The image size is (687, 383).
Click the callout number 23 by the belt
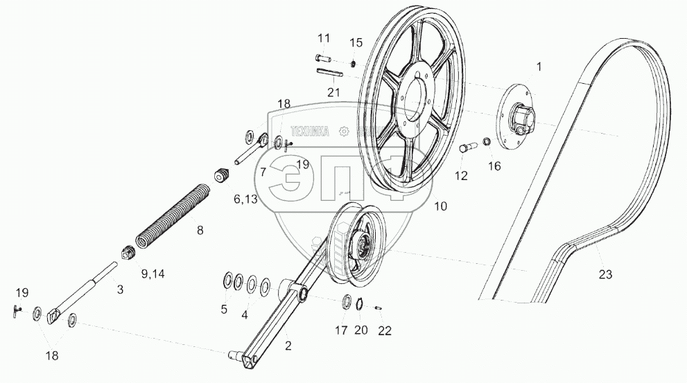click(x=606, y=274)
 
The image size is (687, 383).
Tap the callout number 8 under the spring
click(x=200, y=231)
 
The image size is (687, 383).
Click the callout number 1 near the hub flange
click(x=539, y=66)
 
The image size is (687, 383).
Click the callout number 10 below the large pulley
click(x=441, y=206)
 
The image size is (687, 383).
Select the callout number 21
click(x=333, y=92)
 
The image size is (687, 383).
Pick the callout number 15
click(x=356, y=43)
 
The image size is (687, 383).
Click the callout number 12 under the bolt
click(x=462, y=176)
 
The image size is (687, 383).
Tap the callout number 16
click(x=494, y=166)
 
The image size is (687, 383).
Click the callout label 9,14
click(x=153, y=273)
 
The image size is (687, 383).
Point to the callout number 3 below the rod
click(x=120, y=290)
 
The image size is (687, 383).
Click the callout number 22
click(x=385, y=330)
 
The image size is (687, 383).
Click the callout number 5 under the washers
click(x=224, y=310)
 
